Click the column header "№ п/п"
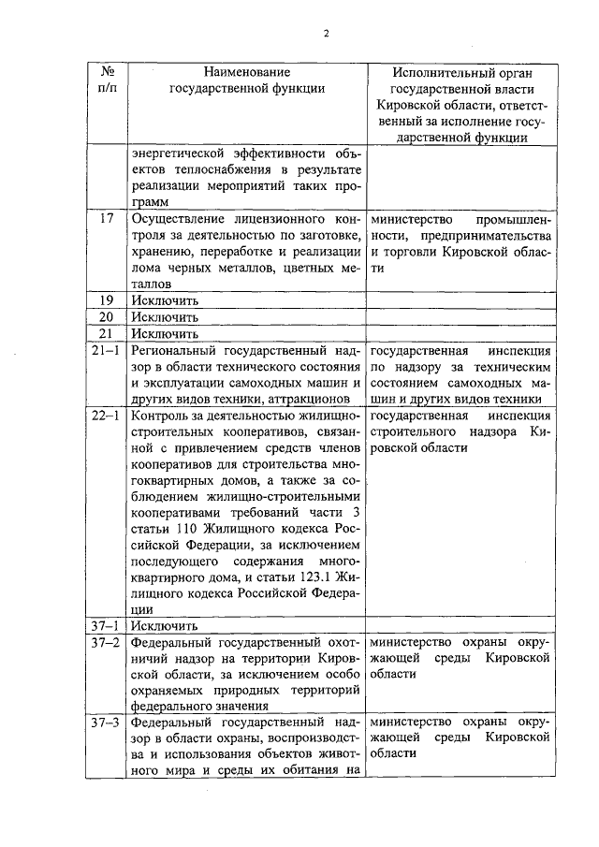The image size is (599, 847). [x=108, y=80]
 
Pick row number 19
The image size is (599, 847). [x=108, y=299]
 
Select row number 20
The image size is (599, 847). [x=108, y=316]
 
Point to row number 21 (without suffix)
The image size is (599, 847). [x=108, y=333]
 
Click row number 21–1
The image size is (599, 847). [x=108, y=350]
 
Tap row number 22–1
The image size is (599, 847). [x=108, y=416]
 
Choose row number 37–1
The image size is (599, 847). [x=108, y=625]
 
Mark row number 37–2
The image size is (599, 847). [x=108, y=642]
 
